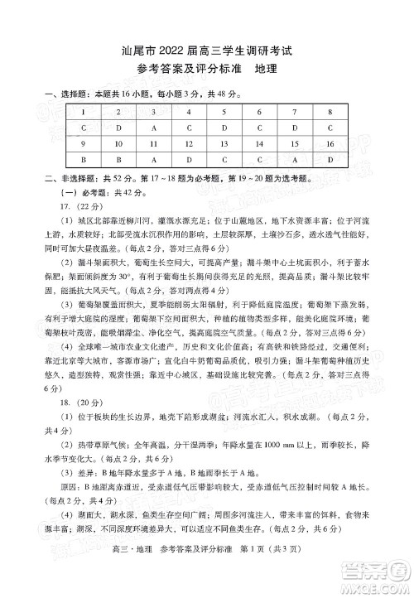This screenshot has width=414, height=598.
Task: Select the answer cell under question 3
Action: [154, 128]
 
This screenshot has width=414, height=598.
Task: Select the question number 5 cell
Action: [224, 112]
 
